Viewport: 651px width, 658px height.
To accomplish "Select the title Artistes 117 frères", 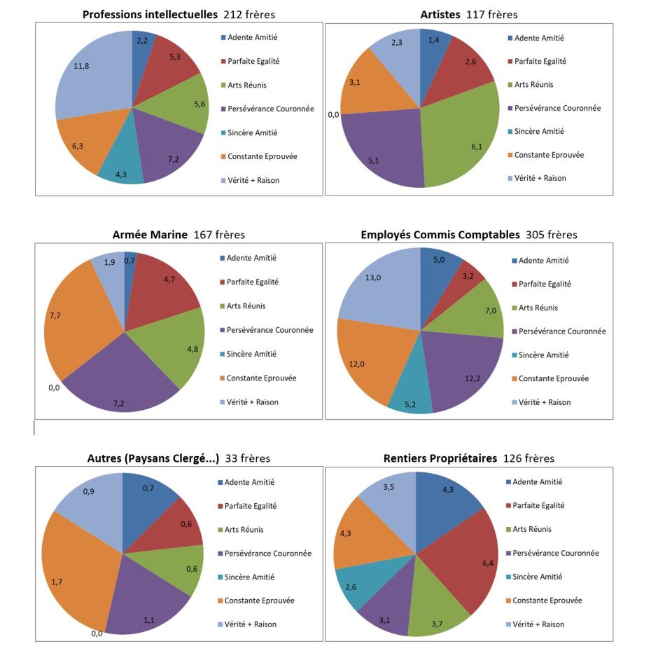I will click(x=469, y=14).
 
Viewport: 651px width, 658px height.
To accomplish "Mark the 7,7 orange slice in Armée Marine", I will click(x=70, y=322).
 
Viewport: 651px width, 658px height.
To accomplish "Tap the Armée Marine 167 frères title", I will click(x=178, y=235).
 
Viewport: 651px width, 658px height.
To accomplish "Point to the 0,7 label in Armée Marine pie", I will click(x=129, y=261).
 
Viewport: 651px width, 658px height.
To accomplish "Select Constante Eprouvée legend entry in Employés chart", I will click(x=552, y=378).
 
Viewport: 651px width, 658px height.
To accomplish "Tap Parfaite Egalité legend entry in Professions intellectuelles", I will click(x=253, y=61).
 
